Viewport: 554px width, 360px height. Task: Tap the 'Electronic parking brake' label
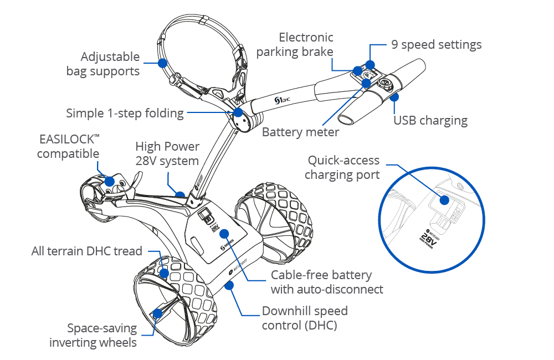tap(306, 45)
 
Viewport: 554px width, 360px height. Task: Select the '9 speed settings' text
tap(436, 44)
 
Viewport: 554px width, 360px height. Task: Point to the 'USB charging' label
tap(430, 120)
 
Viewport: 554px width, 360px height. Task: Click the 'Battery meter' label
tap(300, 132)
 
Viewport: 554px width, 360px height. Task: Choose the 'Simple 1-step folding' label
tap(125, 113)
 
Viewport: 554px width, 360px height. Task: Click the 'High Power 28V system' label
tap(167, 154)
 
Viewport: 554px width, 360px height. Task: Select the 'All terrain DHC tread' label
tap(86, 251)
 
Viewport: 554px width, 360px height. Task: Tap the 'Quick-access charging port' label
tap(343, 167)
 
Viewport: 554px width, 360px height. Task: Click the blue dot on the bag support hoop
tap(162, 63)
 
